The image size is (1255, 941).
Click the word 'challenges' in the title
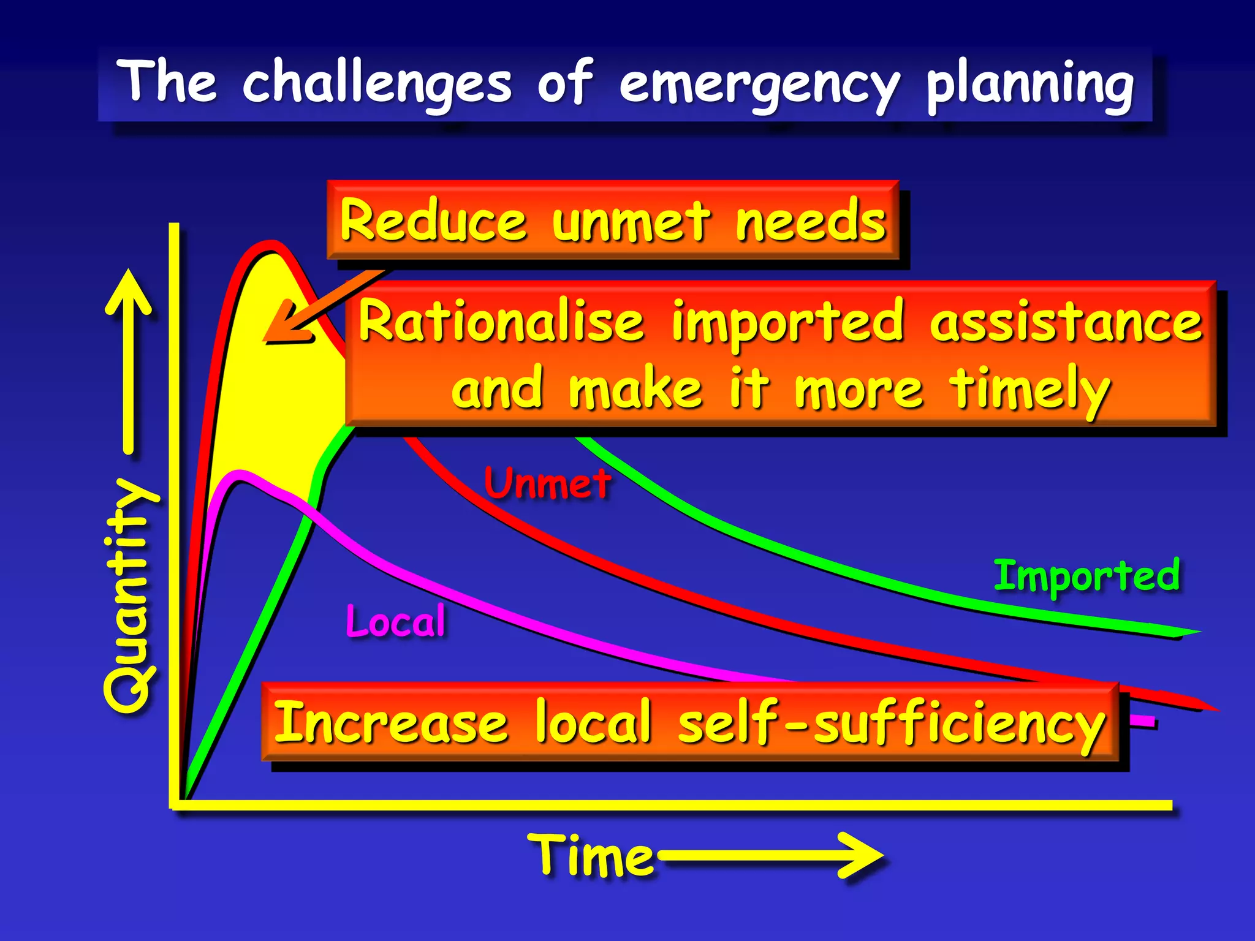(376, 83)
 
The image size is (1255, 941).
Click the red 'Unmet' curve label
(547, 483)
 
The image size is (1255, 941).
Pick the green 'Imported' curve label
(1086, 576)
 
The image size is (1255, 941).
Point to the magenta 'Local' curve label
(396, 621)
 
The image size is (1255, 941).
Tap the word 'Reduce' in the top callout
(433, 221)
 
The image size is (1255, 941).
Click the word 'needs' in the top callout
(811, 221)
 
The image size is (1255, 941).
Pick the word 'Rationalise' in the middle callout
(501, 321)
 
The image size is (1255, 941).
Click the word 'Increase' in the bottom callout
(390, 723)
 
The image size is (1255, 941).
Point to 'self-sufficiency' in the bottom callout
(892, 723)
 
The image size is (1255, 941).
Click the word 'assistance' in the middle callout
(1066, 321)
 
